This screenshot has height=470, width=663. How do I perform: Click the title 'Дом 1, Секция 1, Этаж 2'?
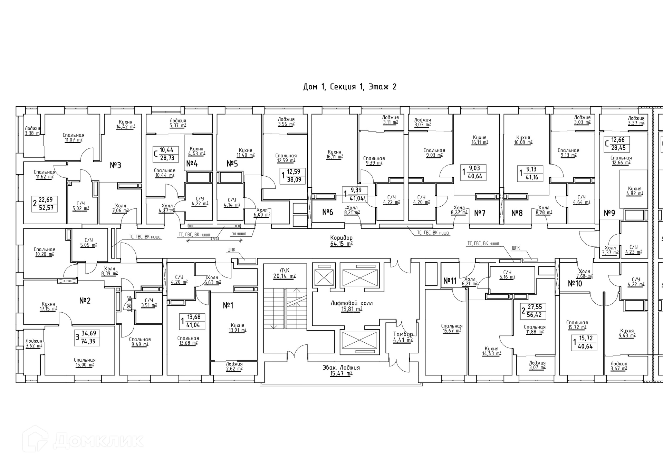click(349, 87)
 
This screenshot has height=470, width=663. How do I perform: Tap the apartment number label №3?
click(115, 165)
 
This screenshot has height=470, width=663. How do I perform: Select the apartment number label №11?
click(450, 281)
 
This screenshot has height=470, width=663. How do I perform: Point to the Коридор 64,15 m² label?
click(341, 241)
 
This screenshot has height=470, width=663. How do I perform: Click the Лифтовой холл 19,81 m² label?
click(352, 306)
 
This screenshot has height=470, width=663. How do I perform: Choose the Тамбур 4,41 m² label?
click(403, 337)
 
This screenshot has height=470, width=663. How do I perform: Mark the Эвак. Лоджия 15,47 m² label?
click(341, 371)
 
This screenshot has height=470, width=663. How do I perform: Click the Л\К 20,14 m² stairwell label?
click(285, 273)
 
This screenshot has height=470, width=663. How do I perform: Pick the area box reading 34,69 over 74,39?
click(88, 338)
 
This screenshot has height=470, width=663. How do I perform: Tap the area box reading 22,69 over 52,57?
click(45, 204)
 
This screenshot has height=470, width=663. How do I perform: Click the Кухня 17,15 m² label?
click(48, 306)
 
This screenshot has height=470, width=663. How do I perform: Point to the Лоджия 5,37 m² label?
click(178, 123)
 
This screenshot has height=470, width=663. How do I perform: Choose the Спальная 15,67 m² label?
click(452, 329)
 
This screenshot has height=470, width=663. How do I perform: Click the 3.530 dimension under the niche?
click(214, 238)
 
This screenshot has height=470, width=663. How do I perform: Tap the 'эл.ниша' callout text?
click(239, 234)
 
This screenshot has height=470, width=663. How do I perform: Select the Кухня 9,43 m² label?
click(627, 333)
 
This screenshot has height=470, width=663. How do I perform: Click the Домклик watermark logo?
click(83, 441)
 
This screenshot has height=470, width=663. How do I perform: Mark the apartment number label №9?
click(609, 213)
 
